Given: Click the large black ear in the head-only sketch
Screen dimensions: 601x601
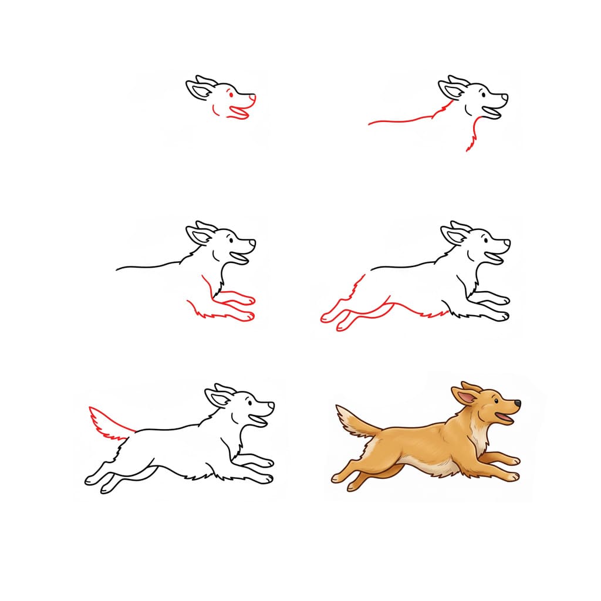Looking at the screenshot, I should (x=197, y=90).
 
